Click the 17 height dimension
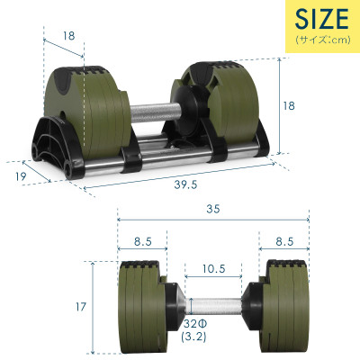tap(80, 307)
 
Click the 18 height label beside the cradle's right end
tap(288, 105)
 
